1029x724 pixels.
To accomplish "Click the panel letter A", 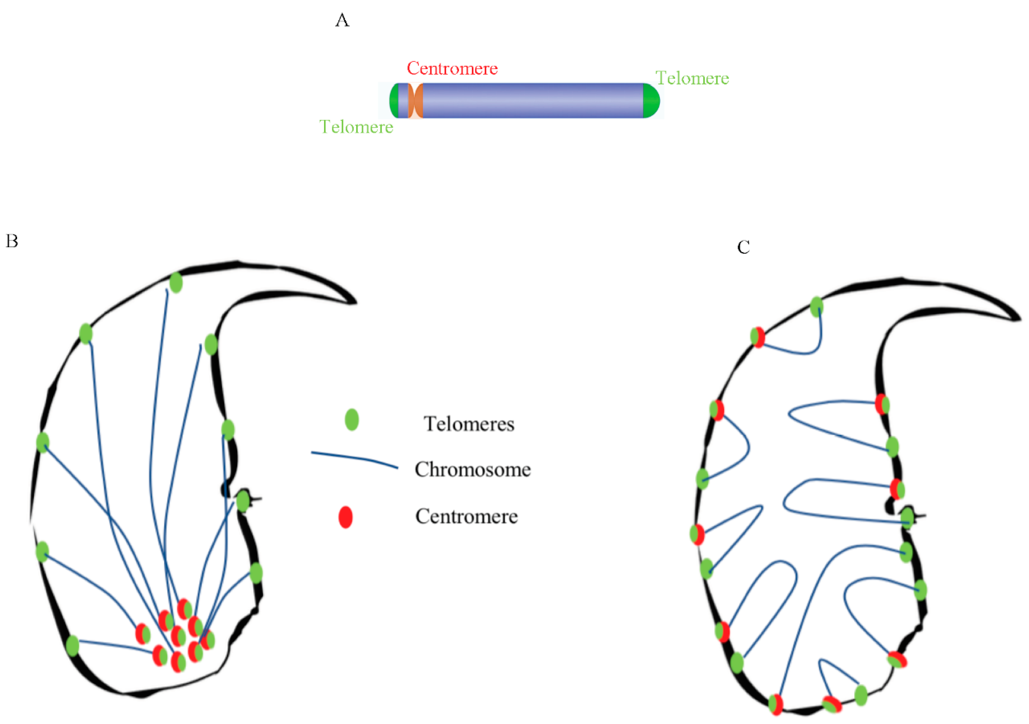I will click(x=342, y=20).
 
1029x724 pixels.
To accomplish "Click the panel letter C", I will click(x=744, y=247).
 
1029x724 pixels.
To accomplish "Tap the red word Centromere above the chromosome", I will click(x=452, y=68).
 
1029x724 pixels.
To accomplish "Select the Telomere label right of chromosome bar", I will click(x=692, y=79).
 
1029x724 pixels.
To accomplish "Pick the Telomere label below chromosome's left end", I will click(x=356, y=127).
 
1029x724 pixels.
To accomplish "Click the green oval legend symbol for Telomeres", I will click(x=352, y=420).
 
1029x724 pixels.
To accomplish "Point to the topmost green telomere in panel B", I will click(x=176, y=283).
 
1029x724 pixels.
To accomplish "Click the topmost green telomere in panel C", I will click(x=817, y=307).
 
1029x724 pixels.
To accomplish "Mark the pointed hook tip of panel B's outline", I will click(x=354, y=302).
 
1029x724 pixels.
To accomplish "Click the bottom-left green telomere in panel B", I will click(x=73, y=645).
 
